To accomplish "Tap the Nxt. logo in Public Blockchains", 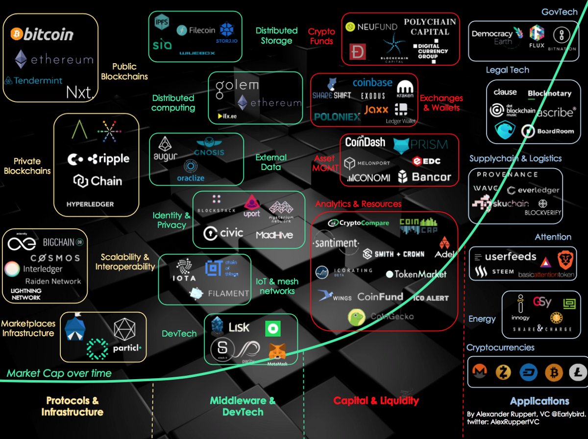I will [x=80, y=92].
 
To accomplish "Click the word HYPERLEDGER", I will [x=90, y=204].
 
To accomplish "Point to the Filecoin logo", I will [x=196, y=30].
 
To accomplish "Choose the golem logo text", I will [x=237, y=85].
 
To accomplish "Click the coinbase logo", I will [x=372, y=83].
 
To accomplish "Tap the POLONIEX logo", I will [x=337, y=117].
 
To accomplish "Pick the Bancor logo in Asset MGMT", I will [x=424, y=176].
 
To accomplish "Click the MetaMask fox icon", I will [x=277, y=351].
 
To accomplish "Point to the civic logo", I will [x=223, y=233].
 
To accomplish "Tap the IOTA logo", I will [x=184, y=270].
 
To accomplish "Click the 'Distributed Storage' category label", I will [x=276, y=36].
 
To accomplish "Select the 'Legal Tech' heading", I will [x=507, y=70].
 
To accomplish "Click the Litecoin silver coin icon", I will [x=578, y=373].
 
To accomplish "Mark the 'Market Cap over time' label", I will [x=59, y=373].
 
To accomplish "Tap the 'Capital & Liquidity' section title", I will [x=376, y=401].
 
